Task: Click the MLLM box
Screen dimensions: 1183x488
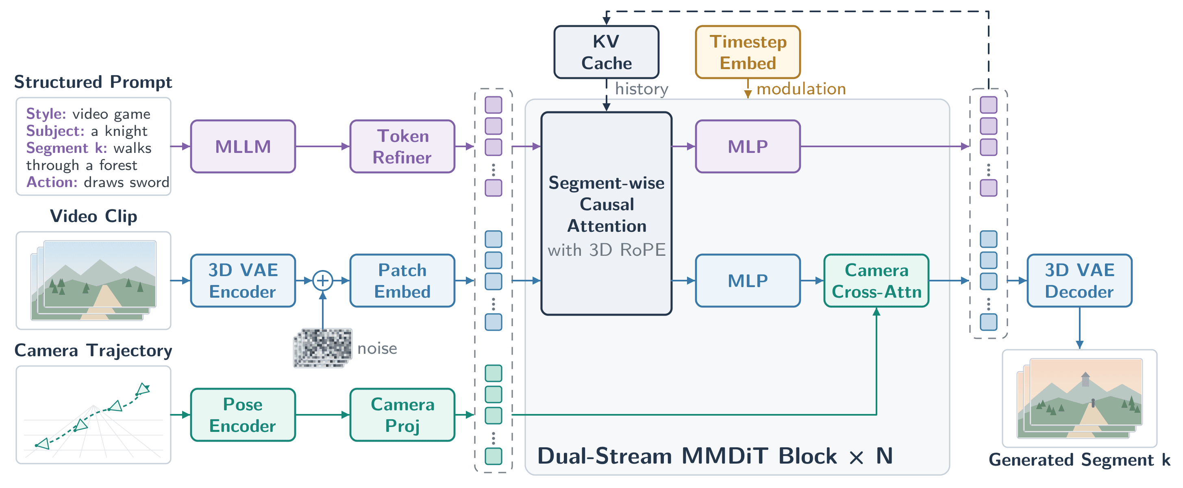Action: [243, 146]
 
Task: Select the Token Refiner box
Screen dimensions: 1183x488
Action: [402, 146]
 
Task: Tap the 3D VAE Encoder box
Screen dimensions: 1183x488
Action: [243, 281]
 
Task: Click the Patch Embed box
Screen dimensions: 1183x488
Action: [402, 281]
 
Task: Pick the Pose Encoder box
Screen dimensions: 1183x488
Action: [243, 415]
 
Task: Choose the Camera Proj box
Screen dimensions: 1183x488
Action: [402, 415]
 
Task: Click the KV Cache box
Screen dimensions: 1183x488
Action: [606, 52]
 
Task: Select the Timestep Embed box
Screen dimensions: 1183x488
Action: [748, 52]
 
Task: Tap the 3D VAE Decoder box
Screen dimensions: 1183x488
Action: [1079, 281]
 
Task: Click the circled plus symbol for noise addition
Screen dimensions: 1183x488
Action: [323, 280]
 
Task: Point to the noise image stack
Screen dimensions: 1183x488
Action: [323, 348]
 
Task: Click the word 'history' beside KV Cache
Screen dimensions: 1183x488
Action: [642, 89]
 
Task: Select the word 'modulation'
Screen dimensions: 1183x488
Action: [801, 89]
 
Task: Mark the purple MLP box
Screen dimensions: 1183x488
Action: [748, 146]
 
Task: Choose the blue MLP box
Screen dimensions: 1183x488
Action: [748, 281]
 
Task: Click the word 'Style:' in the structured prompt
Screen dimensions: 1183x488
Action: [46, 114]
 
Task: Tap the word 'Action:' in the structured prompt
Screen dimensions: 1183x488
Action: [52, 183]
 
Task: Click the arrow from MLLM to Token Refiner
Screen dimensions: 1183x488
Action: [323, 146]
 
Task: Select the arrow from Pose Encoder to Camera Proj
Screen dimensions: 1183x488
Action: [323, 415]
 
